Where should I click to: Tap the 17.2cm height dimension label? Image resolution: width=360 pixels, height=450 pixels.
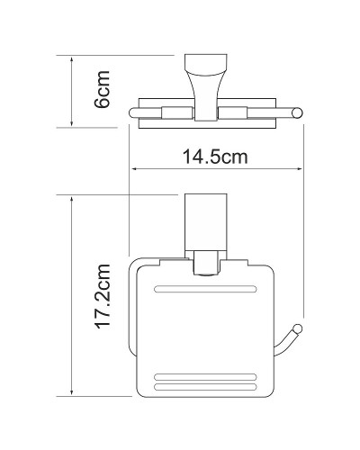coord(103,297)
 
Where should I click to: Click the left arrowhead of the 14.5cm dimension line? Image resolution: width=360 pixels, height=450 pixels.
coord(135,169)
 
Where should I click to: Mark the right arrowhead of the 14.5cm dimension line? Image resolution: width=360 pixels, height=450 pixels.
coord(300,169)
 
